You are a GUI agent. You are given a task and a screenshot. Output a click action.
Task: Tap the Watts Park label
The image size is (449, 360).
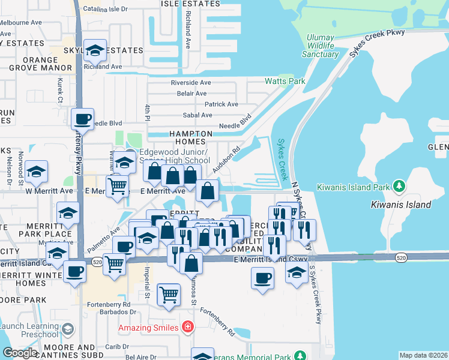point(285,81)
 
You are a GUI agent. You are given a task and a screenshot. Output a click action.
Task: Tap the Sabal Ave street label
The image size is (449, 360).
point(198,115)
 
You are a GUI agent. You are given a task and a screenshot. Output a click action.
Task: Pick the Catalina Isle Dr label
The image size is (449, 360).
point(106,9)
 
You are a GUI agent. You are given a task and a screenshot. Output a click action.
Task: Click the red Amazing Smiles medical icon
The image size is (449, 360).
point(188,328)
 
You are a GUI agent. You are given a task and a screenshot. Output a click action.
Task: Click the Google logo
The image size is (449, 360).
point(20,353)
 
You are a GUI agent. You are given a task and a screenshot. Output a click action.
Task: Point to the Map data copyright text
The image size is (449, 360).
point(423,355)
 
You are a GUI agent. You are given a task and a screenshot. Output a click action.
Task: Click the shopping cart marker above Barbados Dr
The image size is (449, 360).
point(169,295)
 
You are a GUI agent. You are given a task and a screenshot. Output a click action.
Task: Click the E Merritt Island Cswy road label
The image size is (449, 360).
point(268,258)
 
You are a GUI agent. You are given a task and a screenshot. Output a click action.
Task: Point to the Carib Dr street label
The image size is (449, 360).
point(113,347)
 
